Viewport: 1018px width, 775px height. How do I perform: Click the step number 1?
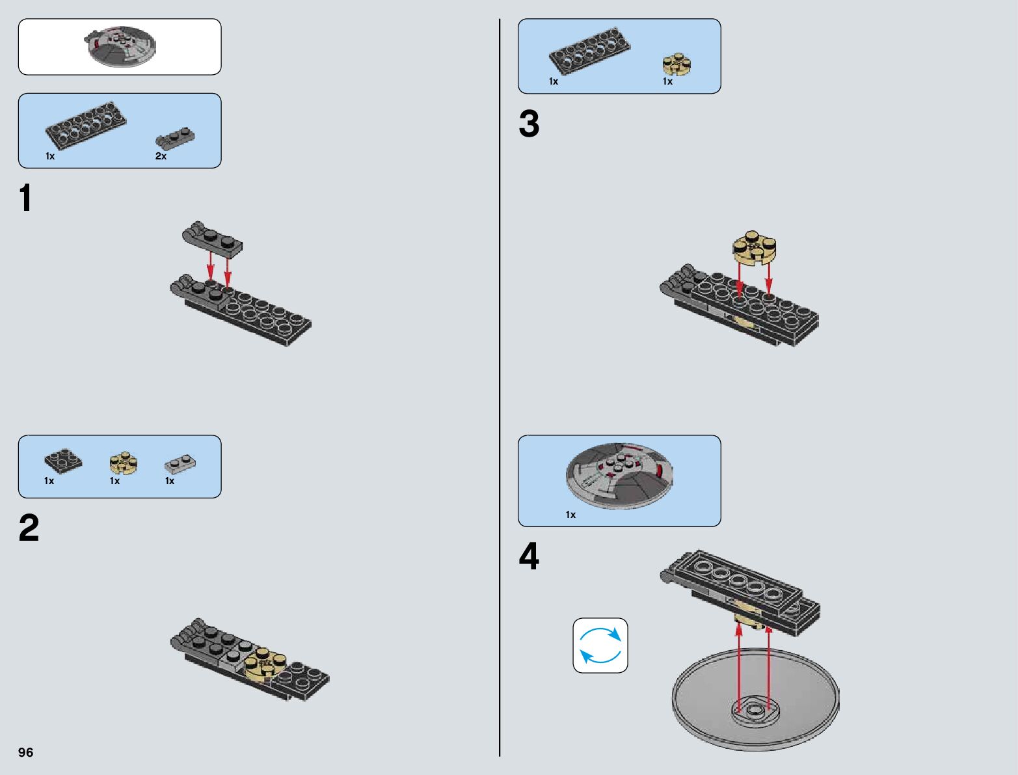click(25, 198)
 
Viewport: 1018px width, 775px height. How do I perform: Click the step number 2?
click(29, 528)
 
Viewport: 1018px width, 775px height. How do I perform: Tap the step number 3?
click(529, 124)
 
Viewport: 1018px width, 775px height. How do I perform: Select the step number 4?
click(529, 558)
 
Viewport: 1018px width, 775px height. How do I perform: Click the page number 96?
click(26, 752)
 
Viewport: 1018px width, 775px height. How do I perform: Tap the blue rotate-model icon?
click(600, 645)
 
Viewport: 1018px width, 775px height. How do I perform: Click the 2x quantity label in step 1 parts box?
click(161, 156)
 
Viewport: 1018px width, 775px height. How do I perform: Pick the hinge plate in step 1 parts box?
click(175, 138)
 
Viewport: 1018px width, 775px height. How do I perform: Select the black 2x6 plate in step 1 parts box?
click(86, 124)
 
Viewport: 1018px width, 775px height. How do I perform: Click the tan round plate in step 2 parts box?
click(123, 463)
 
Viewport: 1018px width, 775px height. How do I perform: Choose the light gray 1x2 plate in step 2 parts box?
click(180, 463)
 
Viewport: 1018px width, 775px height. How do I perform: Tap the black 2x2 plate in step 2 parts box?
click(63, 460)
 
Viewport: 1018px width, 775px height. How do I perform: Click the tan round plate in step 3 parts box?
click(676, 64)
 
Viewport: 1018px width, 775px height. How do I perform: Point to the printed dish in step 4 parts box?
click(619, 474)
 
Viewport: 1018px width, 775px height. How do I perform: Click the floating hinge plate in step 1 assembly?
click(212, 238)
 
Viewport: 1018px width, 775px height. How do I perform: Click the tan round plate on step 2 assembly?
click(264, 662)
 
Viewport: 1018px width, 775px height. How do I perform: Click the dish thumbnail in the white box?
click(120, 46)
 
